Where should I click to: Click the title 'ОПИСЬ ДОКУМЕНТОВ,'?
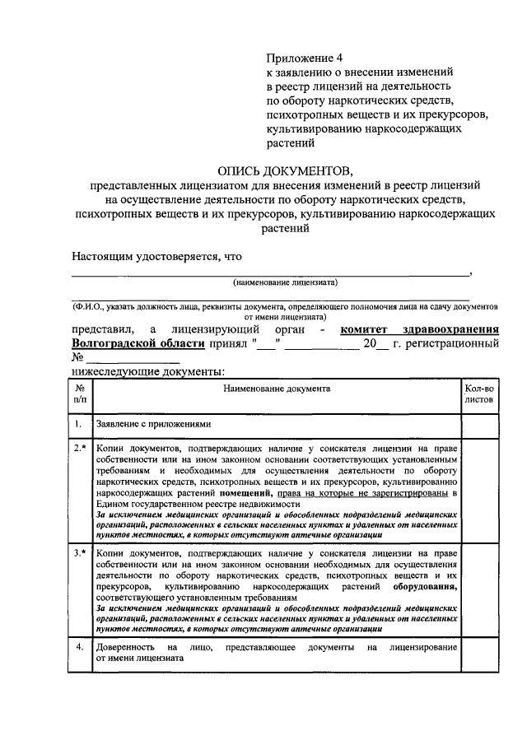click(284, 171)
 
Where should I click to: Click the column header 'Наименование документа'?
click(276, 386)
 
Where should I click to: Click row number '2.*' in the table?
click(79, 448)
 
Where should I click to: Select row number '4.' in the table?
click(79, 647)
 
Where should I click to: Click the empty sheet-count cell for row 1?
click(478, 425)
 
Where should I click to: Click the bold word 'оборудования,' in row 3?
click(424, 588)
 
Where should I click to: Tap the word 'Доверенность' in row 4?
click(127, 648)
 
